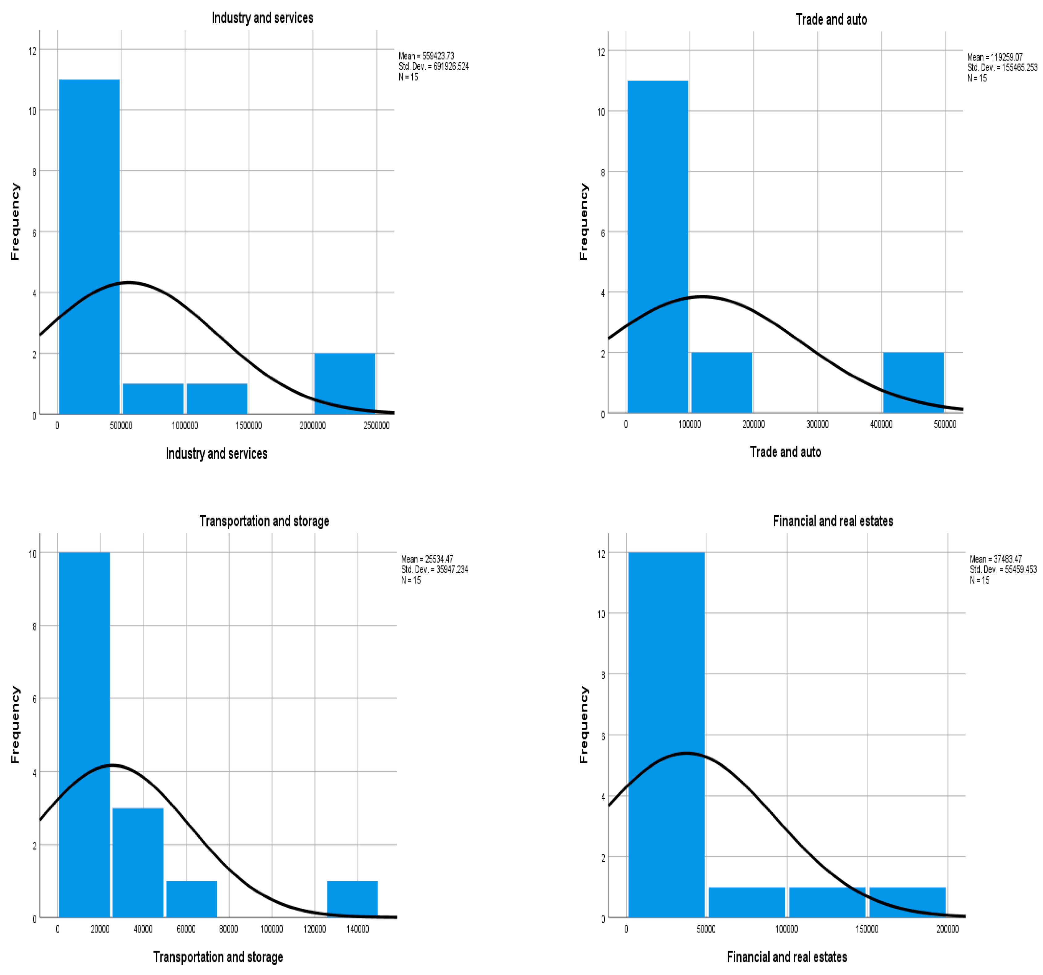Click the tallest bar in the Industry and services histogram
pyautogui.click(x=89, y=247)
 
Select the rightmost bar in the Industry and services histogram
pyautogui.click(x=345, y=383)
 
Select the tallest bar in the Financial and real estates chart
pyautogui.click(x=666, y=735)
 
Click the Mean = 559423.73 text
pyautogui.click(x=426, y=56)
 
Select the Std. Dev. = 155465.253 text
pyautogui.click(x=1002, y=68)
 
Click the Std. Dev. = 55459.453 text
pyautogui.click(x=1003, y=569)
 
